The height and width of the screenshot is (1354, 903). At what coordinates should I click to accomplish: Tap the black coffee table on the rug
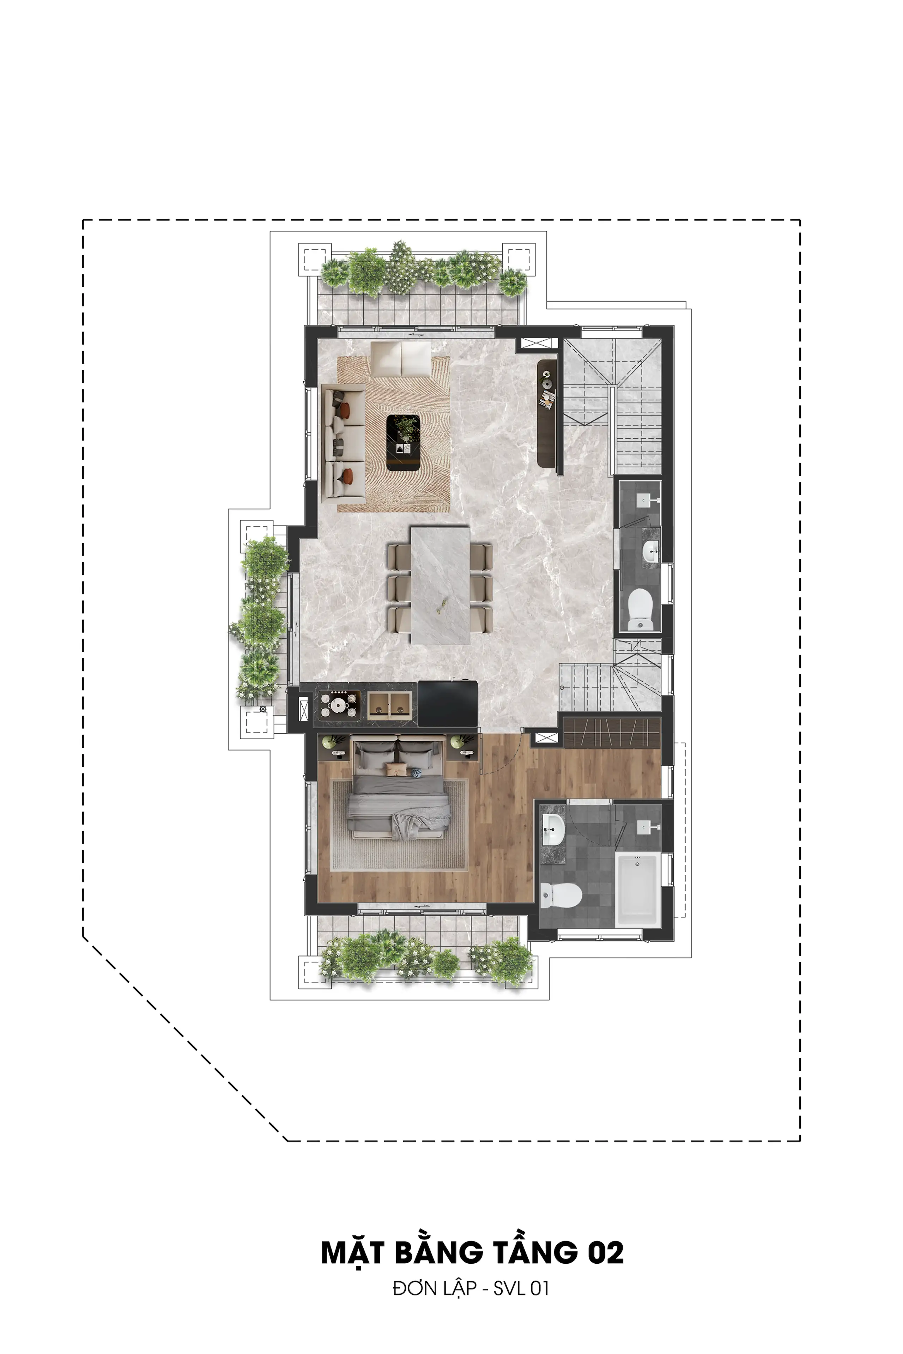pos(403,443)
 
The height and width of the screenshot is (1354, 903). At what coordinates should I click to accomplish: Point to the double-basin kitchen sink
pos(389,705)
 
